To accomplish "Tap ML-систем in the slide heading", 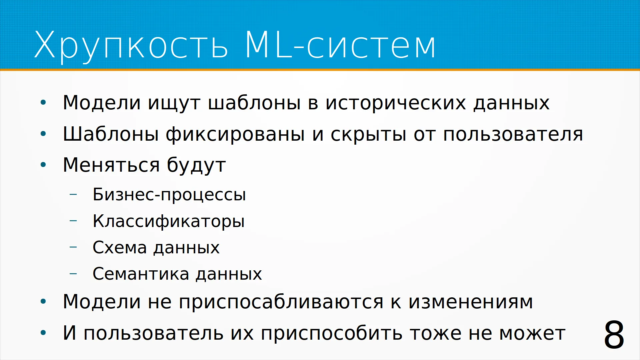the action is (340, 44).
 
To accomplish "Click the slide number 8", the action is (614, 335).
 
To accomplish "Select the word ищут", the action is (174, 103).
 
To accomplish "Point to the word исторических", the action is (395, 103).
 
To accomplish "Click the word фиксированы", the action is (235, 135).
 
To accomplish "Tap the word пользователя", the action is (513, 134).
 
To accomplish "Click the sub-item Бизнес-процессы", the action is (169, 195).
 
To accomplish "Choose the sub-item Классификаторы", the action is (169, 221).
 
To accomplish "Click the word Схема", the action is (120, 248).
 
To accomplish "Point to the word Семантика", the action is (141, 274).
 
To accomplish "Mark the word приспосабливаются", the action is (281, 302).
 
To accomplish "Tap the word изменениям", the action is (471, 302).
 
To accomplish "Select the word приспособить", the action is (331, 334).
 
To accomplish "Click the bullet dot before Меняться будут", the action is (43, 165).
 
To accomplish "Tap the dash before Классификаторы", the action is (73, 221).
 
